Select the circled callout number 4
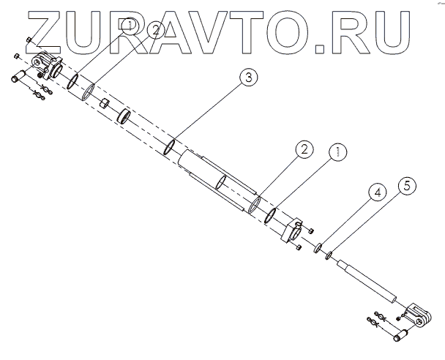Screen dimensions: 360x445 [x=375, y=194]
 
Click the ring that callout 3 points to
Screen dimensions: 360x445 [x=169, y=146]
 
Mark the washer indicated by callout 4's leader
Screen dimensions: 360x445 [x=320, y=251]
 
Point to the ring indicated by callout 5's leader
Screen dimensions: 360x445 [x=330, y=256]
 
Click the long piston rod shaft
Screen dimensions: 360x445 [x=366, y=281]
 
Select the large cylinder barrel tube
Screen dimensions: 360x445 [x=220, y=180]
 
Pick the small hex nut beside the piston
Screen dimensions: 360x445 [x=105, y=102]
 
